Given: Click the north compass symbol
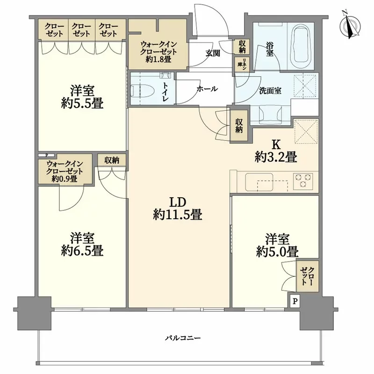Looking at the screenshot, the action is [350, 27].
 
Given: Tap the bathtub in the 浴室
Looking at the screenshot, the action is [301, 46].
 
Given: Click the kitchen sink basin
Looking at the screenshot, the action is [259, 182].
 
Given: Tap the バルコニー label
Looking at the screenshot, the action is [183, 338].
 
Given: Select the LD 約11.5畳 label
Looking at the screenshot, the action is [178, 208].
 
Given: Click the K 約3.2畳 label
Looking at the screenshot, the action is [276, 151].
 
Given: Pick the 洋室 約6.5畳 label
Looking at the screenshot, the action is [82, 244].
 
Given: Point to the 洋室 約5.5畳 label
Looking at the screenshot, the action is [82, 97].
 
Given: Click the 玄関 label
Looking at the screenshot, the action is [213, 53].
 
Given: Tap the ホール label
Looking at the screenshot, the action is [207, 89].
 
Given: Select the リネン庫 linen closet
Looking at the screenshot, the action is [242, 64].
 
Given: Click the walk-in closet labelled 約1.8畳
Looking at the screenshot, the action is [158, 44].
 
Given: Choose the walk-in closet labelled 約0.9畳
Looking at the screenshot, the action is [65, 169].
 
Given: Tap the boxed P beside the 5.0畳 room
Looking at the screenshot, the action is [295, 301].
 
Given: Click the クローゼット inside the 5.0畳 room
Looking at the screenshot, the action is [308, 276].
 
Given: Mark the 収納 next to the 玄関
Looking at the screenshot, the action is [242, 47].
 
